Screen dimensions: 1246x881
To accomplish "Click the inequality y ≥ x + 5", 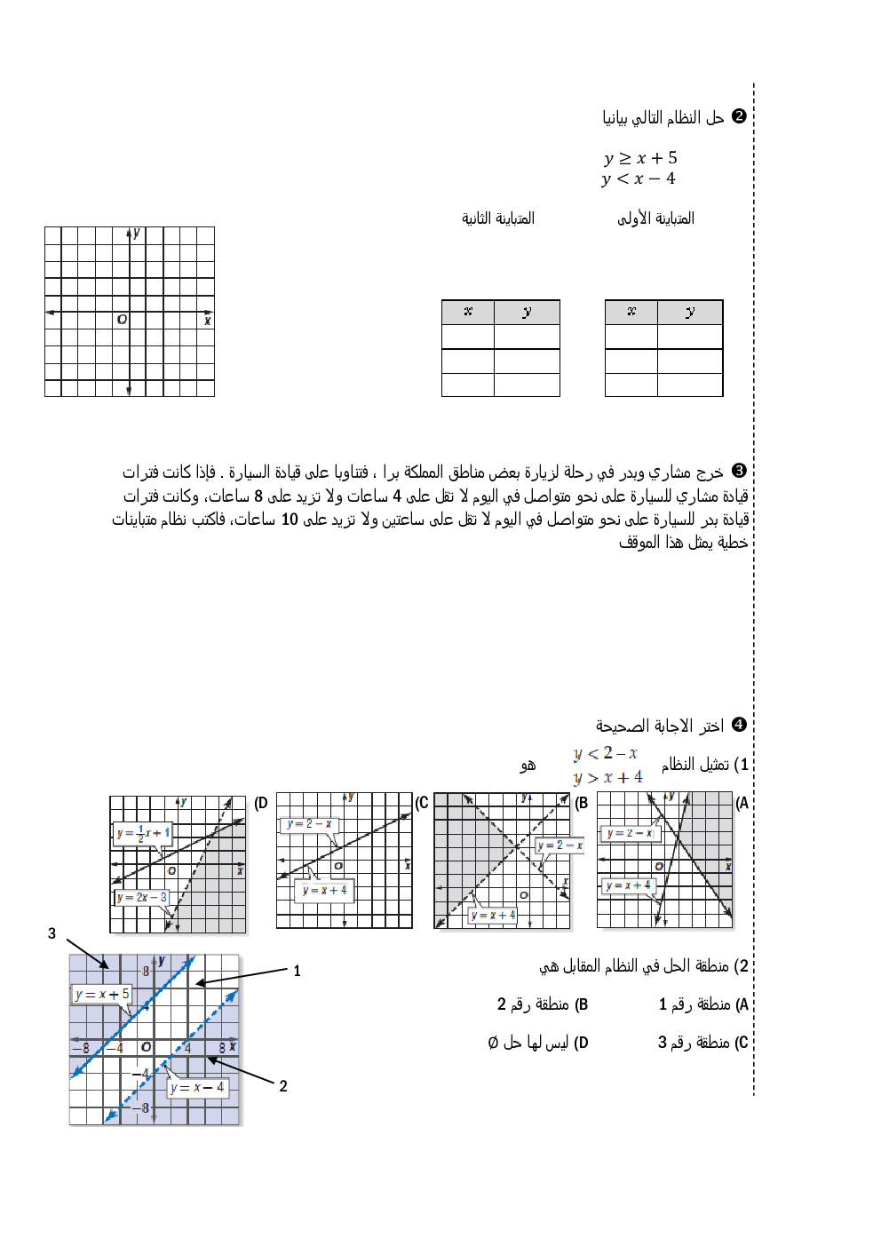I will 639,158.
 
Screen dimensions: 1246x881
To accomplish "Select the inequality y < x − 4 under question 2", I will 638,179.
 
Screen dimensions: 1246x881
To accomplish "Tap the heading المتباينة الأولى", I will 655,218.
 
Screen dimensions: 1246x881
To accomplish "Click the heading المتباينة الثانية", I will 497,218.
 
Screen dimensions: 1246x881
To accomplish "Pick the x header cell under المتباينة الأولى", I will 631,312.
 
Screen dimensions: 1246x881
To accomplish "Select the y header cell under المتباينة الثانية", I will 527,312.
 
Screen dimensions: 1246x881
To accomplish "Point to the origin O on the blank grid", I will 123,319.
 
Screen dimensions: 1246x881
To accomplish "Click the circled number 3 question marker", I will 739,471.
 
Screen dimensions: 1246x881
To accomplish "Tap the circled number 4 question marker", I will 739,725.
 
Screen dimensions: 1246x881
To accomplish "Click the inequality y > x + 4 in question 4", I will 607,778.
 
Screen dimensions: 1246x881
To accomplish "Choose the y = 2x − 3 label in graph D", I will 142,897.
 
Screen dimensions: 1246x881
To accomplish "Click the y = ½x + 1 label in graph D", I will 143,833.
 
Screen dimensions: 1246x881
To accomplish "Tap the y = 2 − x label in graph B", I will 560,845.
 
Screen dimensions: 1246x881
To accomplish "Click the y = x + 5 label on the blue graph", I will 102,994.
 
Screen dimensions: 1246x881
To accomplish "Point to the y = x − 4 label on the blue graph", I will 197,1087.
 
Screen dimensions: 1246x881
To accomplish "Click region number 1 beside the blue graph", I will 297,972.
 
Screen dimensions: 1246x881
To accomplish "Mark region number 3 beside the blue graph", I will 52,933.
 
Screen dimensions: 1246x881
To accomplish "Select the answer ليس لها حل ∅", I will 537,1043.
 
